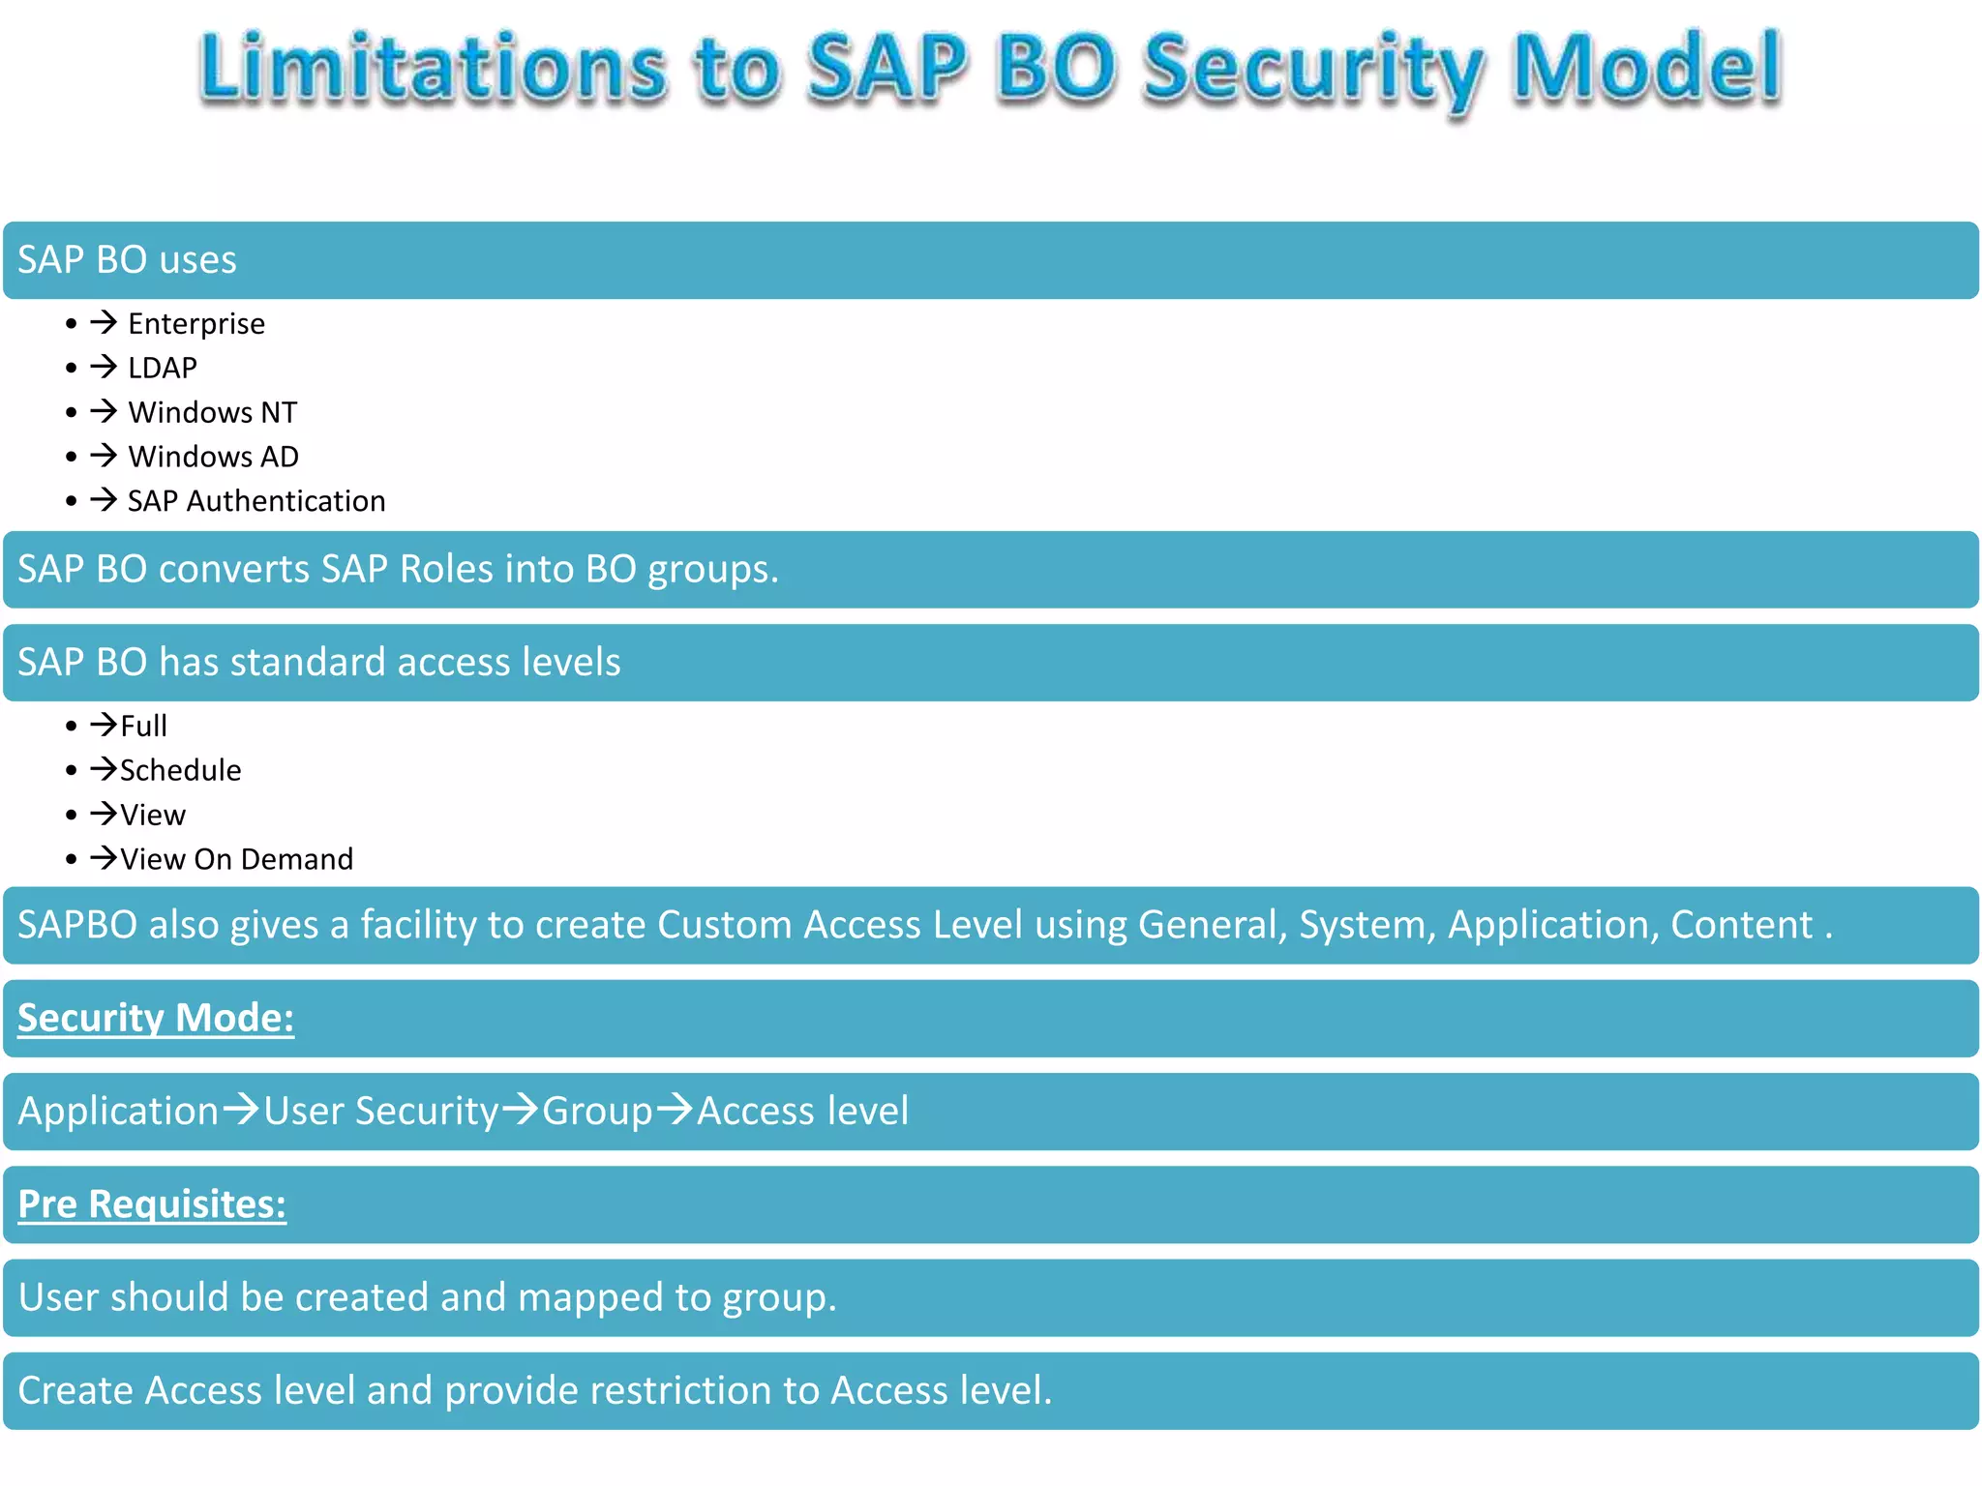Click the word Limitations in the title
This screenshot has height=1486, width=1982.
coord(433,68)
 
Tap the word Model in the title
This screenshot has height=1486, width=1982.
coord(1645,68)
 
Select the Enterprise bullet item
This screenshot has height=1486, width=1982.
coord(195,323)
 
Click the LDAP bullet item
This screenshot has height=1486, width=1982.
coord(162,368)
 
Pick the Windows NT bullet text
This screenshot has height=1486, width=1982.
coord(212,412)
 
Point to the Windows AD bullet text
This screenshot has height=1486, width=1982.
coord(213,457)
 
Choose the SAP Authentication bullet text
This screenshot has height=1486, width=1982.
coord(256,501)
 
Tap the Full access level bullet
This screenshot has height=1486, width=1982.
coord(143,726)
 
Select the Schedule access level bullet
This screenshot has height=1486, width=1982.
coord(180,770)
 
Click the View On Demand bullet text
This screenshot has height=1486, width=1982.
coord(236,859)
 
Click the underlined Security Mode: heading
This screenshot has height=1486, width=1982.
coord(156,1018)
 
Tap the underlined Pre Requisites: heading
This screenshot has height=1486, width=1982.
coord(152,1204)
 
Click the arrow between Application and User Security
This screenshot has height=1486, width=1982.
coord(241,1109)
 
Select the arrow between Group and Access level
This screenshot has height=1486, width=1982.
coord(675,1109)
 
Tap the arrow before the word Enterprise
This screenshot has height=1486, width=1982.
coord(104,321)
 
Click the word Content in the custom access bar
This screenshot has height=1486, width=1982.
coord(1741,925)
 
